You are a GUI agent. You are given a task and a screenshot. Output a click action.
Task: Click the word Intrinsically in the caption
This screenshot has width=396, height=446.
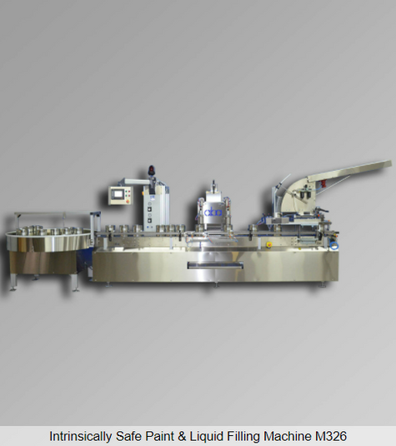[x=80, y=436]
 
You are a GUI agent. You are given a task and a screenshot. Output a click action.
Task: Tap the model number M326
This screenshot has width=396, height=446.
[x=331, y=436]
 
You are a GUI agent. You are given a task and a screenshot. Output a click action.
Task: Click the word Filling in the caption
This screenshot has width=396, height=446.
[x=243, y=436]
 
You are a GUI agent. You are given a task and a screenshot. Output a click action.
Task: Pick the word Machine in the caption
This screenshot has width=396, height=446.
[x=288, y=436]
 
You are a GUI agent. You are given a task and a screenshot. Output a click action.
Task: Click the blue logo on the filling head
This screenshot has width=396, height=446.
[x=213, y=213]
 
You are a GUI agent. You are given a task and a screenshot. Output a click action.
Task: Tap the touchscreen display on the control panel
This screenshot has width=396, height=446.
[x=118, y=194]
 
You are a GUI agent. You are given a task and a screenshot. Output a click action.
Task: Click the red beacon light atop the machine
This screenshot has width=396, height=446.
[x=151, y=170]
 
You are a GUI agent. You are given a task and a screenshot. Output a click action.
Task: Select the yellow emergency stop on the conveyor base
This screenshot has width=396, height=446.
[x=268, y=244]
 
